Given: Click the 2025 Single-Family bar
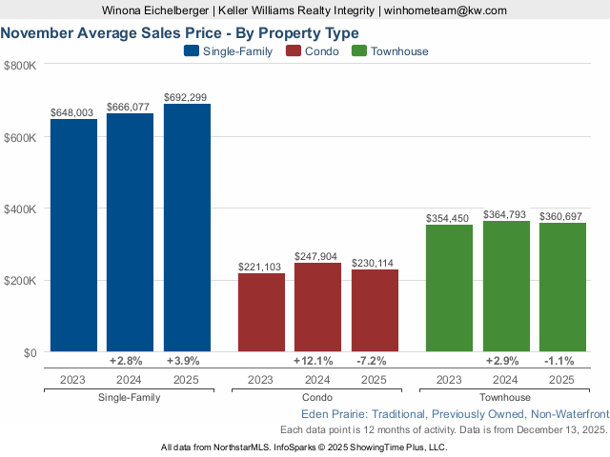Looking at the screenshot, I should coord(187,228).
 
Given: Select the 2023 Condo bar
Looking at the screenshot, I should coord(260,312).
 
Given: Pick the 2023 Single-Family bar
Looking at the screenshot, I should coord(73,235).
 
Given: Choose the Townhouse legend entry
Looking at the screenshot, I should coord(391,51).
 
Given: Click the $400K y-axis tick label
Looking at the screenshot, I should coord(20,209).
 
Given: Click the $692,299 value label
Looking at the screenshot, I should coord(186,97).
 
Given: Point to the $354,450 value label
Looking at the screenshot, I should coord(448,218).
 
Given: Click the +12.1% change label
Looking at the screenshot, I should coord(317,362).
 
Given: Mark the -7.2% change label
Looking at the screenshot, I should coord(375,362).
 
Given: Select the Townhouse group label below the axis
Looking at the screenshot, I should coord(505,397).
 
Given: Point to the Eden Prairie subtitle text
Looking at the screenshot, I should coord(454,414).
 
